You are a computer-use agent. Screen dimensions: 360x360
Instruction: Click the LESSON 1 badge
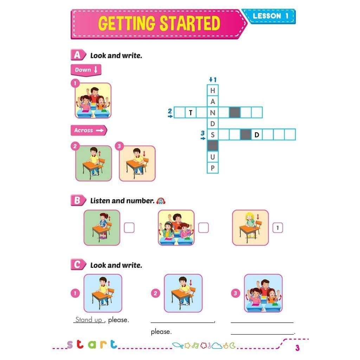point(272,16)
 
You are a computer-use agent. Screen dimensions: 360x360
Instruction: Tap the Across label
point(89,130)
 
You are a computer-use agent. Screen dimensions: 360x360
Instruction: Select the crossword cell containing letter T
point(191,112)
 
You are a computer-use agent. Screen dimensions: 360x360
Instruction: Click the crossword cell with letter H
point(212,90)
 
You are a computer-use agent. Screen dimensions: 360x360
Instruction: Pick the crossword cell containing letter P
point(212,168)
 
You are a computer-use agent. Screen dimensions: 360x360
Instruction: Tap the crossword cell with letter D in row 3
point(257,134)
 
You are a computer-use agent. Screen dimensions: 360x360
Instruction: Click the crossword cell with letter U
point(212,157)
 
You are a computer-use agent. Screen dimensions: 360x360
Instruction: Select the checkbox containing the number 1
point(277,228)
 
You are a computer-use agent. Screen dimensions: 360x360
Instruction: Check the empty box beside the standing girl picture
point(129,228)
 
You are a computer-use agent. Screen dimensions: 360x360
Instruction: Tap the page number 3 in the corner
point(297,348)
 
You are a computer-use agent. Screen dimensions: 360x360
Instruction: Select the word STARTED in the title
point(190,23)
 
